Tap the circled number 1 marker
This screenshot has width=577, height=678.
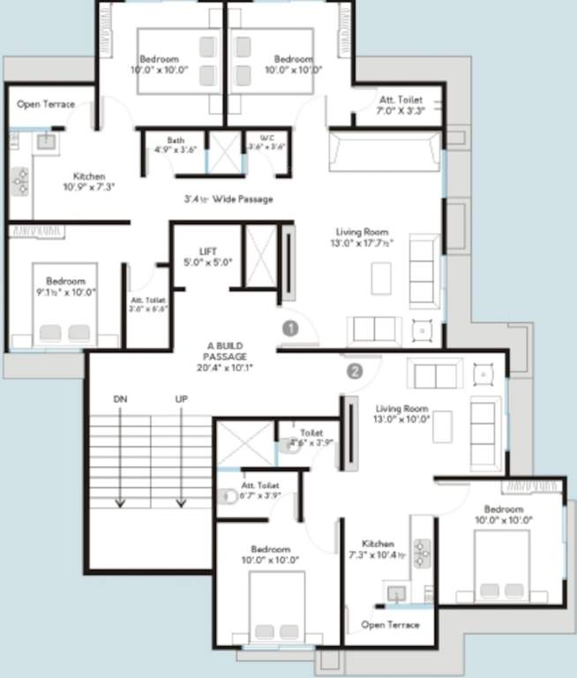click(x=290, y=328)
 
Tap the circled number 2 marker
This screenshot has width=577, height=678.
click(x=355, y=371)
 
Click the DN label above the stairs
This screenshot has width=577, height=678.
click(x=121, y=400)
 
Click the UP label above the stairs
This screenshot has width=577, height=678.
click(x=181, y=400)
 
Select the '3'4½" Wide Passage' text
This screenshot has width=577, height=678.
click(x=228, y=200)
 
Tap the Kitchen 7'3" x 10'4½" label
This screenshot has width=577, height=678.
click(x=378, y=549)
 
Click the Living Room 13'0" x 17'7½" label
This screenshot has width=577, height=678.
click(x=360, y=237)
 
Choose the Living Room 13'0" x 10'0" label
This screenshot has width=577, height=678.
click(x=402, y=414)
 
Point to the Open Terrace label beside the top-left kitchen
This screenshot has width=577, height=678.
click(x=45, y=104)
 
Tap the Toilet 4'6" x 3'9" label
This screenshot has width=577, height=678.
click(x=311, y=438)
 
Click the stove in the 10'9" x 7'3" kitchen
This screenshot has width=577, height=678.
click(x=21, y=180)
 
